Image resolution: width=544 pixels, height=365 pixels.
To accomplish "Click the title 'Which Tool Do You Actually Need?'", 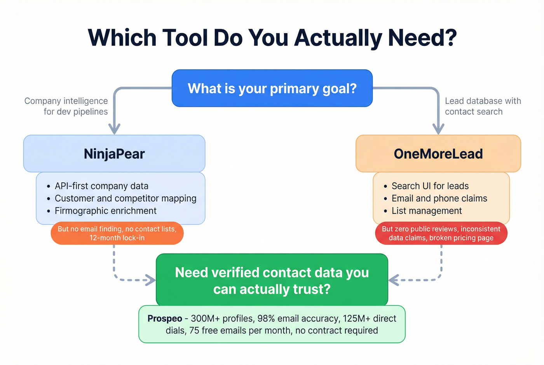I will [272, 38].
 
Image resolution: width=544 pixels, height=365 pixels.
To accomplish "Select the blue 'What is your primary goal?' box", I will [272, 88].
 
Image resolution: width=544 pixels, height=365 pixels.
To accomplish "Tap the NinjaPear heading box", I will [114, 154].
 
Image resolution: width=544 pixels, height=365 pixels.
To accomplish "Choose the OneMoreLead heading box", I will [438, 154].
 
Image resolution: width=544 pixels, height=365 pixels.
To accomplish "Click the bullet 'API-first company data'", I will [101, 186].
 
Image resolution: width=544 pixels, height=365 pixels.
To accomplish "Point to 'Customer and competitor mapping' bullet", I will [126, 198].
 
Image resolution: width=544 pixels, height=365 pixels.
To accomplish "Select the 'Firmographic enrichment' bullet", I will [105, 211].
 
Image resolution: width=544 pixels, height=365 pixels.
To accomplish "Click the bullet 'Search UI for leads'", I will [430, 186].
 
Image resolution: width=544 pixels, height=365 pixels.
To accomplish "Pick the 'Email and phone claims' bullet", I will [439, 198].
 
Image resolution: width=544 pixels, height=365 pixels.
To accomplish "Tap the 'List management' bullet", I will [427, 211].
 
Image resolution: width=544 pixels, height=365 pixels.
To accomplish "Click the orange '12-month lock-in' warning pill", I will [117, 233].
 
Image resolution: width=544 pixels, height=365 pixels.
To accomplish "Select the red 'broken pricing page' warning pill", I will [441, 233].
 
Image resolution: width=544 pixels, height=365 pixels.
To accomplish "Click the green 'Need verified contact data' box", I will [272, 280].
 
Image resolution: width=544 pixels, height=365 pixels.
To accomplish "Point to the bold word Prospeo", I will [165, 318].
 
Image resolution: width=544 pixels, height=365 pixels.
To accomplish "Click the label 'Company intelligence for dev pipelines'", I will [66, 106].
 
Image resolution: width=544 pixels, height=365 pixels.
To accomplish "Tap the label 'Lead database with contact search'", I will [483, 106].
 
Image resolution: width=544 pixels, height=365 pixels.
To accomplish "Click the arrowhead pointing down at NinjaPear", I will [114, 129].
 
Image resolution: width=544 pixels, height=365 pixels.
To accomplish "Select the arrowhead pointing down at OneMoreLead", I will [438, 129].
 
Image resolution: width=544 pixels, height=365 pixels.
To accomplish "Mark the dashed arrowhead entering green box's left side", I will [151, 280].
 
